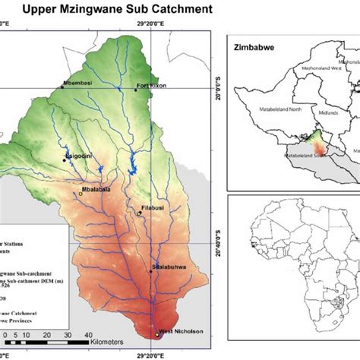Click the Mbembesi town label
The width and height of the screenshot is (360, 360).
pyautogui.click(x=79, y=83)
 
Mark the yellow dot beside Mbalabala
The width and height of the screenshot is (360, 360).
pyautogui.click(x=81, y=194)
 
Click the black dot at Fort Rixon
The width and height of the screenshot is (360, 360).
pyautogui.click(x=137, y=90)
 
